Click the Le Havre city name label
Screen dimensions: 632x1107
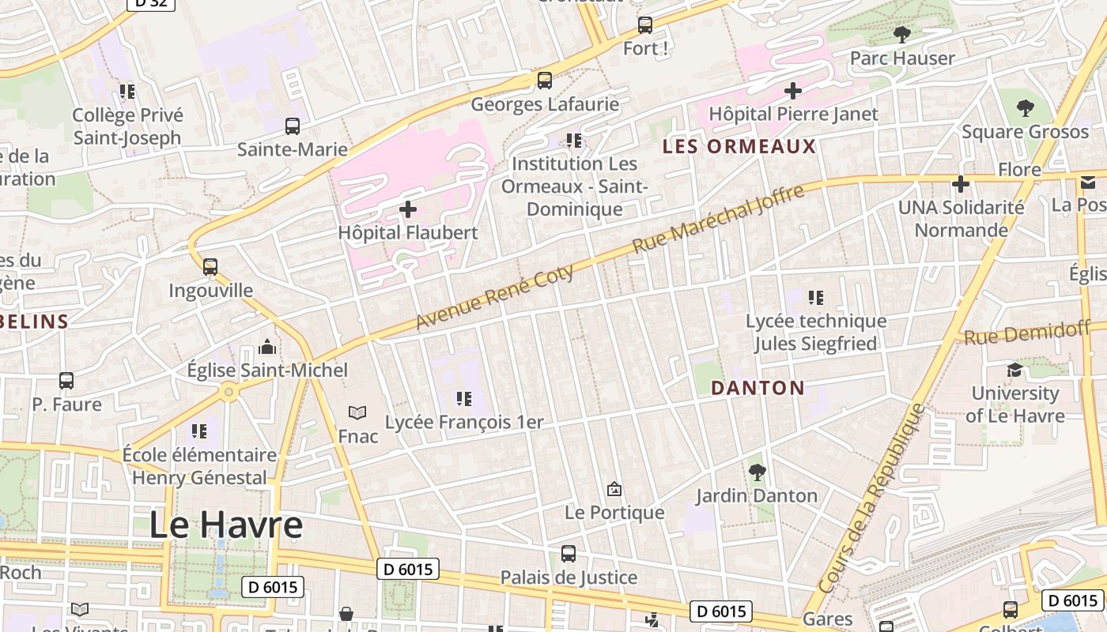[226, 525]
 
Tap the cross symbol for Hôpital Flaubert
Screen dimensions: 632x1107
[408, 209]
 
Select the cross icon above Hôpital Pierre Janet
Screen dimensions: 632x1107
[793, 91]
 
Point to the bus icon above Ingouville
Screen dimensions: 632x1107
[210, 267]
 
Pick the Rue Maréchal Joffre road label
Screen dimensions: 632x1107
[718, 219]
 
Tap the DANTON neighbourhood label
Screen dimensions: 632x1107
[758, 388]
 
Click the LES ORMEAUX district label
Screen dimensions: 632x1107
[739, 146]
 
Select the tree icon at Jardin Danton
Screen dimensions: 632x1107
[758, 472]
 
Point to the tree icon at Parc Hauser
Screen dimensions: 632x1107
[901, 35]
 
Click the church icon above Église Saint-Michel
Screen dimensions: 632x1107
[267, 347]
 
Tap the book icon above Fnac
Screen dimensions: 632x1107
[357, 412]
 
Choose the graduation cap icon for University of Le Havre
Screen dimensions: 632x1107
[1014, 370]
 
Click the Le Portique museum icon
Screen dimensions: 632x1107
[614, 490]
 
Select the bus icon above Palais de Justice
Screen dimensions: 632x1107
[569, 554]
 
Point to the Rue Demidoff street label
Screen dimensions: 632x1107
[1026, 333]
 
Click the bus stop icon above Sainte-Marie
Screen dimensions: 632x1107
[293, 126]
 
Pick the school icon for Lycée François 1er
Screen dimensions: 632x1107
[464, 399]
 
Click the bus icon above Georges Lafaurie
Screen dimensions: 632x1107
[545, 81]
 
